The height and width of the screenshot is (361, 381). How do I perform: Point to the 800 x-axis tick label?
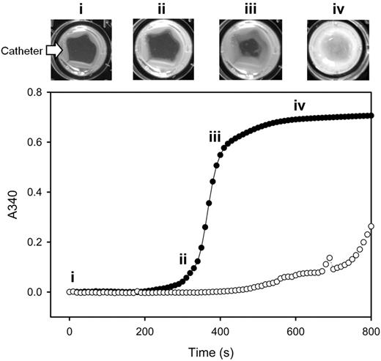click(x=371, y=331)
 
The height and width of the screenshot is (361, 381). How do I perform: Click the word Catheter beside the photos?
click(x=21, y=51)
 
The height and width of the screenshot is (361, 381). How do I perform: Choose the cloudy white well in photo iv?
click(x=335, y=48)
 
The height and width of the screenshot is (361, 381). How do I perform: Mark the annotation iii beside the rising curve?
click(x=215, y=136)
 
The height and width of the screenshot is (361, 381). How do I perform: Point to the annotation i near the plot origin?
click(x=72, y=276)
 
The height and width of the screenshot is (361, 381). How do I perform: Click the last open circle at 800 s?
click(x=371, y=226)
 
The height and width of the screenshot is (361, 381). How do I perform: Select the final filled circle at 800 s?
click(x=371, y=116)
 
